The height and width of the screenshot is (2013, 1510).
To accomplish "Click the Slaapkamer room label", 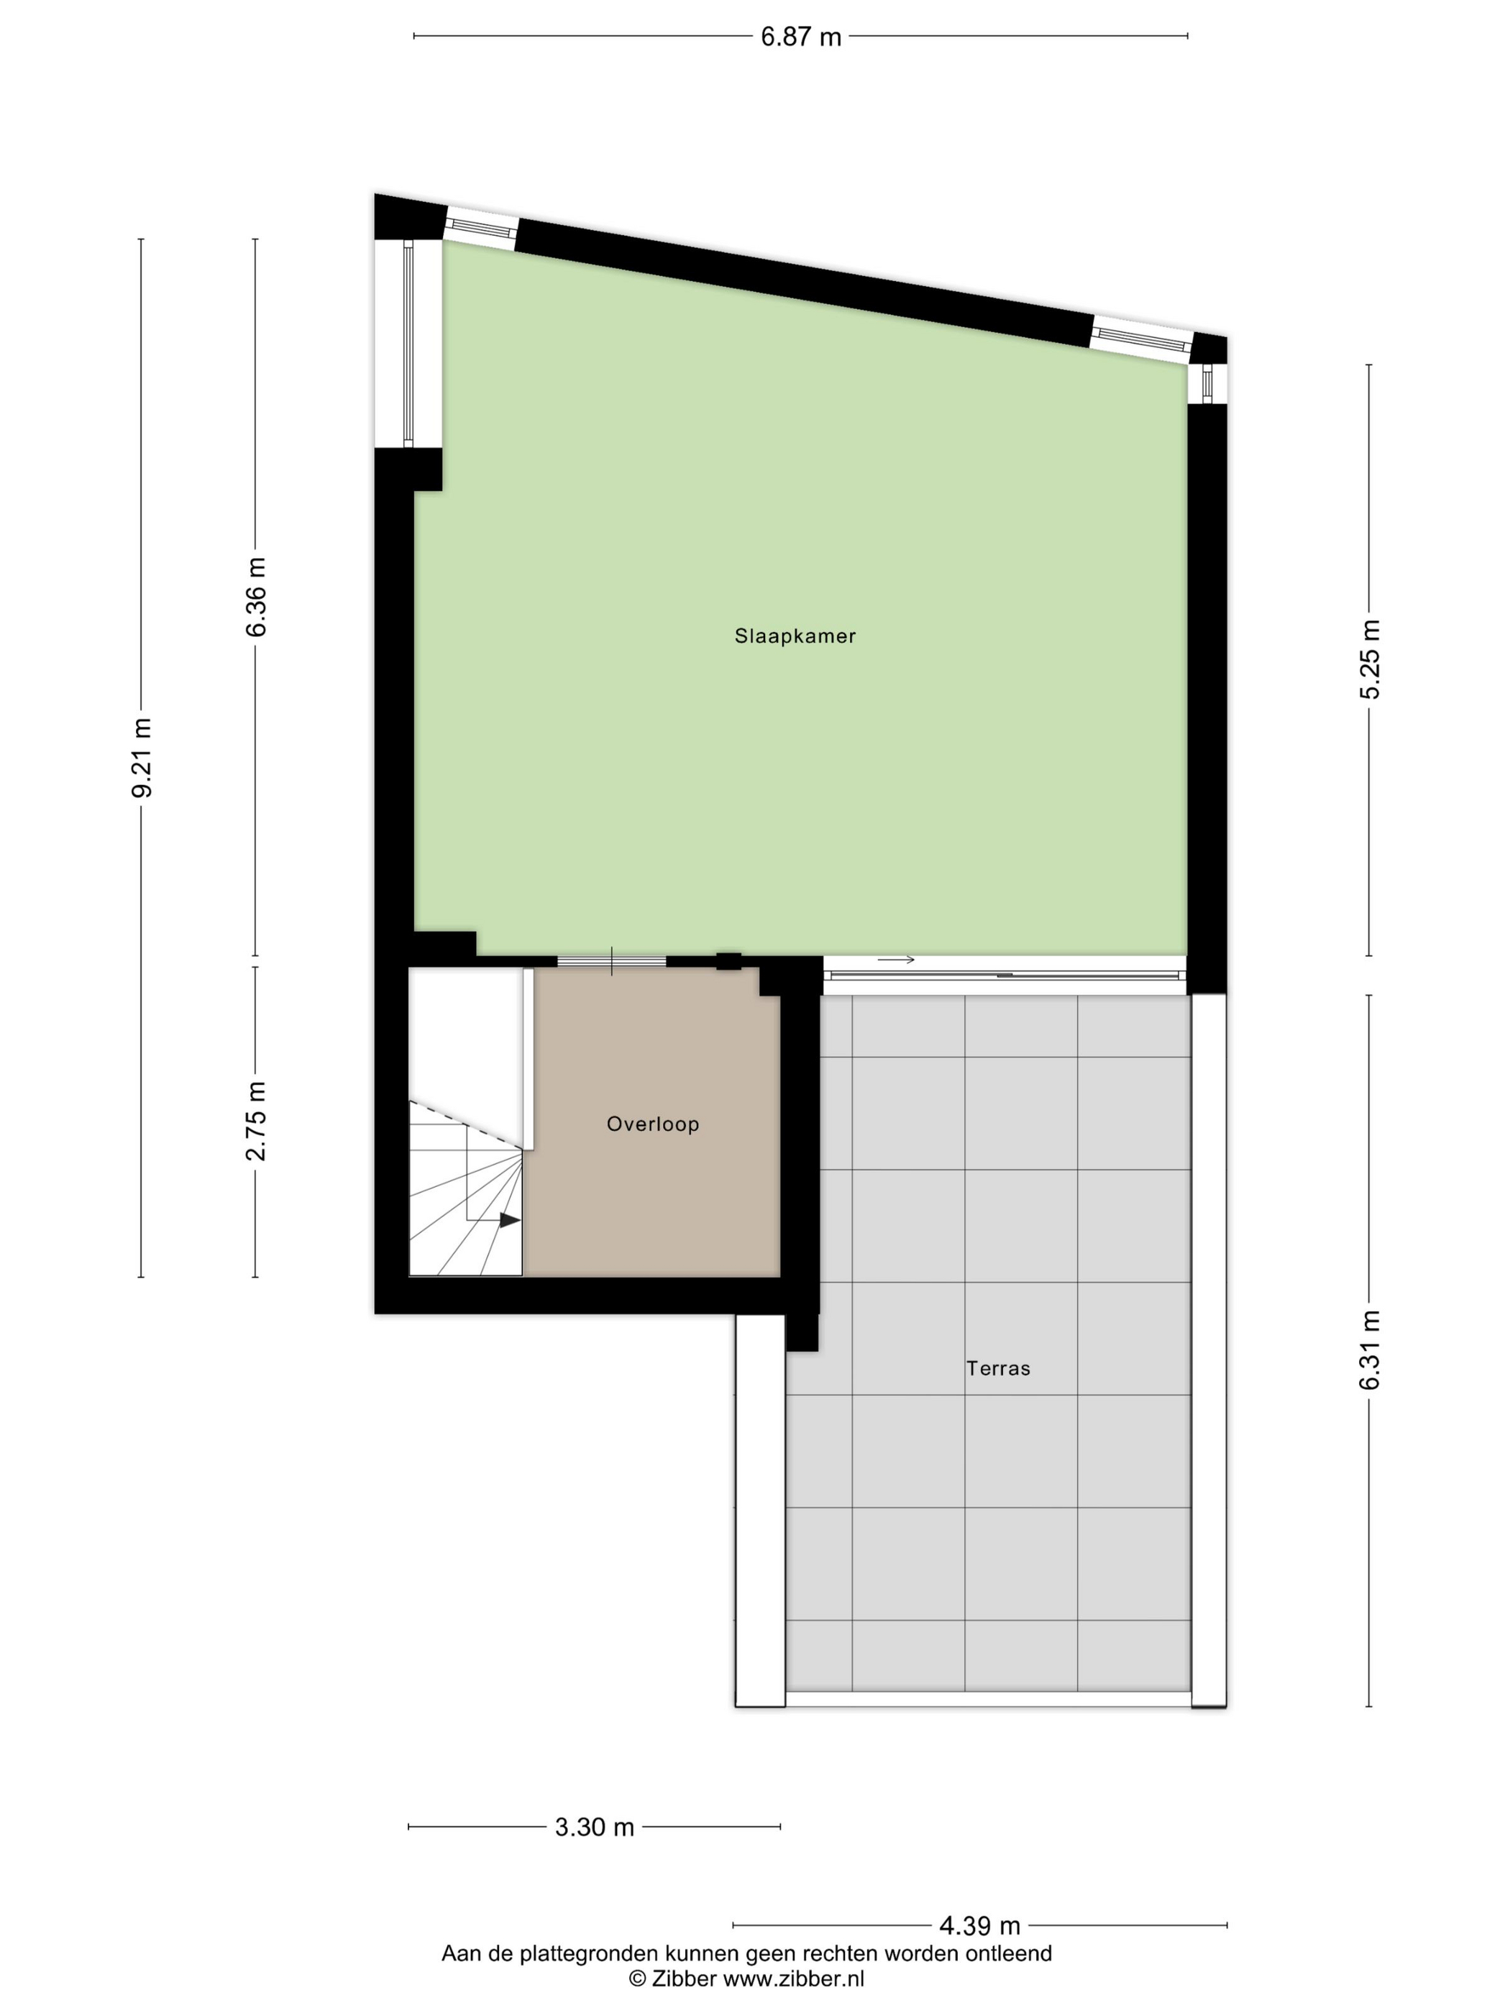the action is point(795,636).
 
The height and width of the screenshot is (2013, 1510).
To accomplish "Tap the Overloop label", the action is point(653,1124).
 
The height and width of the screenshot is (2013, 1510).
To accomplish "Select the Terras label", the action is point(999,1368).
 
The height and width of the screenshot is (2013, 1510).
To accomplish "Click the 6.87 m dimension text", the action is point(801,37).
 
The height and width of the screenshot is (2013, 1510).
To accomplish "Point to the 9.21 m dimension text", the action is point(142,757).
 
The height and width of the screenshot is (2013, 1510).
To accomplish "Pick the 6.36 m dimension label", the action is point(256,597).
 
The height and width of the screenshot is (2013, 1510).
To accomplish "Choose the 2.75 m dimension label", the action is point(256,1121).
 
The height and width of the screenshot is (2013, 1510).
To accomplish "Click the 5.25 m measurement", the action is point(1370,659).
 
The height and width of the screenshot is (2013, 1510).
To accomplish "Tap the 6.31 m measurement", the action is point(1370,1349).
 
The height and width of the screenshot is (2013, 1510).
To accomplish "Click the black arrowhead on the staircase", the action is point(510,1220).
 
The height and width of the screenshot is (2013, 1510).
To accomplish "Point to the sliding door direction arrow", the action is point(896,959).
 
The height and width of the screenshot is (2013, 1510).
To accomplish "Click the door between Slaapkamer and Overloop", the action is point(612,961).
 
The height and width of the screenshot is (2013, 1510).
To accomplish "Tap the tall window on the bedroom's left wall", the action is point(408,344).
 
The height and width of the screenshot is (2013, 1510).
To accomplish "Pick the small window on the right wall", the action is point(1208,383).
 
